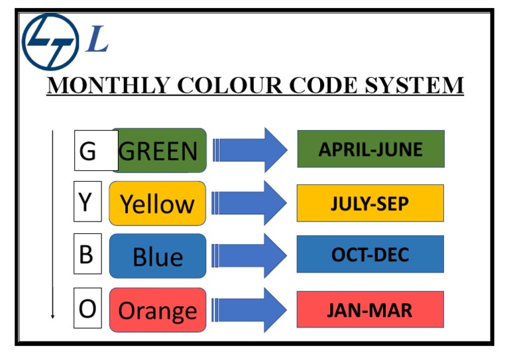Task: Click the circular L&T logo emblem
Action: [50, 41]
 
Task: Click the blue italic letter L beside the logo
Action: [97, 41]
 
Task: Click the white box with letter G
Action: [88, 151]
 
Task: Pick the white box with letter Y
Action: [87, 202]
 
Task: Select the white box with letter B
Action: [87, 254]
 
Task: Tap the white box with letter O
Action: [87, 309]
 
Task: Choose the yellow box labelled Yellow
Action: [158, 204]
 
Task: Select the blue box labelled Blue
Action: [158, 256]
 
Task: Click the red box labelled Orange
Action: [158, 310]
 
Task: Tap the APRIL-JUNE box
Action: [370, 149]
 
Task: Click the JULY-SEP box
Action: [370, 203]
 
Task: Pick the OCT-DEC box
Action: [370, 255]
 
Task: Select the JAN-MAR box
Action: [370, 310]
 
